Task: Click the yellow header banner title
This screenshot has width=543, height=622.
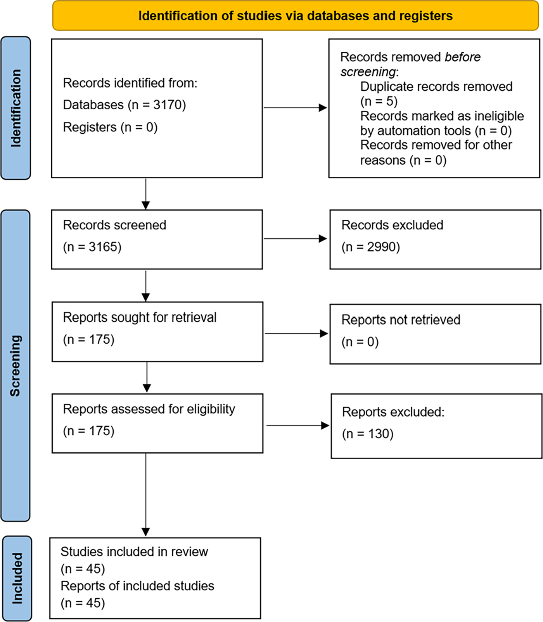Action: (296, 16)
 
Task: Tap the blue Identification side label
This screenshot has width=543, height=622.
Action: (16, 108)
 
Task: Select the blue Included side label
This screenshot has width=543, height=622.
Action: (17, 578)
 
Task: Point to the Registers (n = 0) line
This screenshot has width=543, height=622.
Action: (110, 127)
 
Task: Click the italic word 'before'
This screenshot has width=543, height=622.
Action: (463, 57)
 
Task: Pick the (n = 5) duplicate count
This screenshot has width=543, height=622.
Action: (379, 101)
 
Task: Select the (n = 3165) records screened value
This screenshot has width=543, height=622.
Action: (92, 247)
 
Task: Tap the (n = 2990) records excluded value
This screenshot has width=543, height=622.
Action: (370, 247)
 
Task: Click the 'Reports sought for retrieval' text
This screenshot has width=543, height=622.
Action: (140, 317)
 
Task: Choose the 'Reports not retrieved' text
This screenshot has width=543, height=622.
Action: (401, 320)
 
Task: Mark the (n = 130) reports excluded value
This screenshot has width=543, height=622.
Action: (368, 434)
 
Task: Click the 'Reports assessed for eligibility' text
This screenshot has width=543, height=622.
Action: (149, 409)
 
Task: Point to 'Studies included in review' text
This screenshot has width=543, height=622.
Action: (134, 551)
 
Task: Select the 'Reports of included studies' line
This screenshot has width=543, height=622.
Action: (137, 586)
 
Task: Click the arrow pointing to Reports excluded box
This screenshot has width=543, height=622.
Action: (298, 426)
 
